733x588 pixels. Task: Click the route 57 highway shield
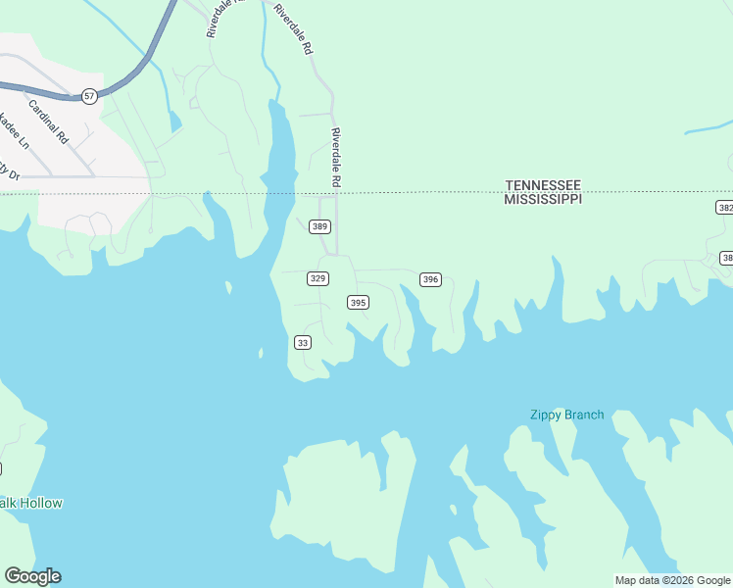click(89, 96)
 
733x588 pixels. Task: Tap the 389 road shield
click(319, 226)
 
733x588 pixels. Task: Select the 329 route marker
click(318, 278)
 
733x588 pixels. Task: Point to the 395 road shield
click(358, 303)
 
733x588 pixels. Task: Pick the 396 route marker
click(430, 279)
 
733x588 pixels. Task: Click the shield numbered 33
click(303, 342)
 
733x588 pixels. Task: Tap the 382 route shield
click(724, 208)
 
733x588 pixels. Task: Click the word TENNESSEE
click(543, 185)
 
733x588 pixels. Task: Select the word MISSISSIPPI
click(543, 199)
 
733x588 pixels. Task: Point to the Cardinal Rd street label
click(47, 122)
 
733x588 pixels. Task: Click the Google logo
click(32, 576)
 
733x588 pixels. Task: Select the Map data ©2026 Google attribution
click(672, 580)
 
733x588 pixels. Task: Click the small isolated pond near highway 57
click(174, 122)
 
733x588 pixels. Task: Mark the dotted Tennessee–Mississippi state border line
click(441, 192)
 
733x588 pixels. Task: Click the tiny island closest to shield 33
click(261, 353)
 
